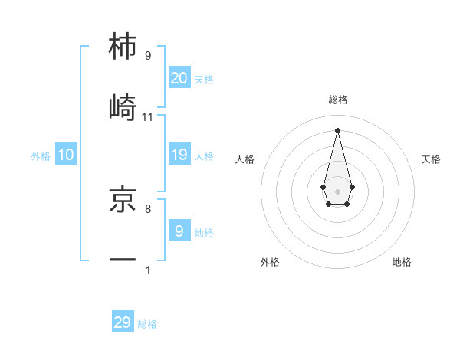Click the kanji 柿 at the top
(123, 47)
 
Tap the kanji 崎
(123, 106)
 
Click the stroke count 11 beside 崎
(148, 116)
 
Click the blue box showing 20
(179, 77)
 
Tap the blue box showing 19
(179, 155)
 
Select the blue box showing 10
(66, 155)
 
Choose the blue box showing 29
(123, 322)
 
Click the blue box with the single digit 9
(179, 231)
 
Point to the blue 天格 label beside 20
(204, 79)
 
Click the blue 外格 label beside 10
(41, 156)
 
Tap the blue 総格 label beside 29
(147, 324)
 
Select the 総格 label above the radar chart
(338, 100)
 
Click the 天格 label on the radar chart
(431, 159)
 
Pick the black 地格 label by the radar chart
(402, 262)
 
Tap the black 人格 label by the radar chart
(245, 159)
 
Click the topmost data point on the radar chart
(337, 129)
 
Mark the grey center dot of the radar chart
(337, 190)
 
